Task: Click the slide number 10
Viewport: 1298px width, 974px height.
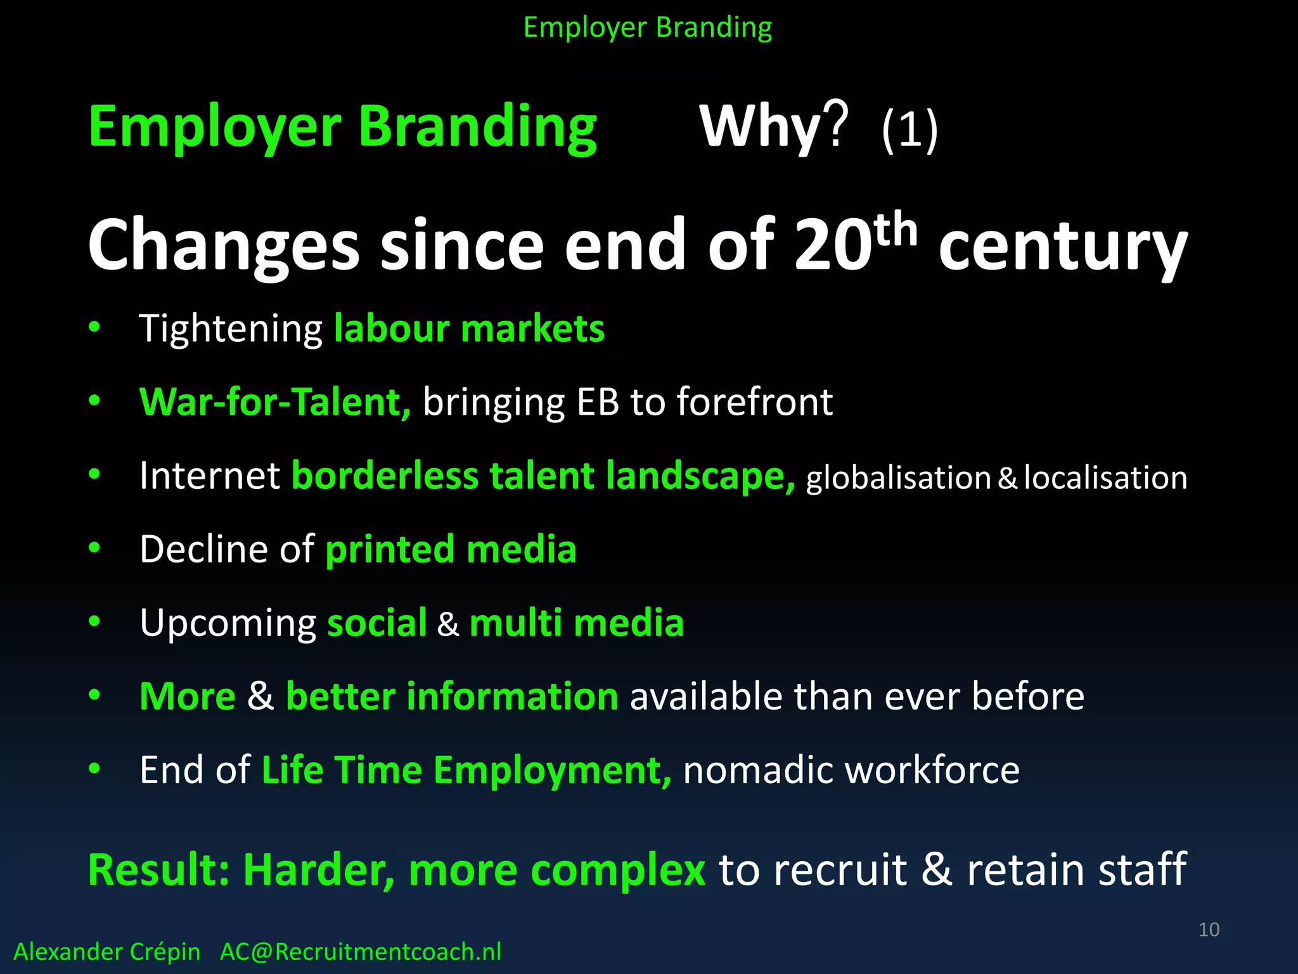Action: click(x=1209, y=930)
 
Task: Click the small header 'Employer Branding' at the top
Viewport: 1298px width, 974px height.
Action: click(x=648, y=28)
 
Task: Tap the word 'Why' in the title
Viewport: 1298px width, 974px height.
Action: click(x=761, y=126)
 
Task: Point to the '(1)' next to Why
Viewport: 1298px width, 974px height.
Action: click(x=909, y=129)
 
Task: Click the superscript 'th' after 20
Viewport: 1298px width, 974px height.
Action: click(x=896, y=230)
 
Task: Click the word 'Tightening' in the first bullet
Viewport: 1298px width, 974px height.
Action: click(x=231, y=330)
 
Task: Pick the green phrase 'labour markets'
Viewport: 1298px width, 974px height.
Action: click(x=469, y=328)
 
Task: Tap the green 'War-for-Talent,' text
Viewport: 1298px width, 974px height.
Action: click(x=275, y=402)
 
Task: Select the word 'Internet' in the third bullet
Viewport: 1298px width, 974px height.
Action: click(x=210, y=476)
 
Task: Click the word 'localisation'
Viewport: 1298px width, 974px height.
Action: click(x=1105, y=477)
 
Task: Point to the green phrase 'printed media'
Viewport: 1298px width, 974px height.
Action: click(x=451, y=549)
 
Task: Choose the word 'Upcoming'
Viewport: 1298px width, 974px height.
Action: click(x=228, y=624)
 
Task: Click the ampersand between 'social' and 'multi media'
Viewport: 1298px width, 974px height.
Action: click(x=447, y=624)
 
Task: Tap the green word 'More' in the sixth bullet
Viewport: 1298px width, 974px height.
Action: click(x=188, y=696)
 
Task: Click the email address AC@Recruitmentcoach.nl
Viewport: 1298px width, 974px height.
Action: click(x=360, y=952)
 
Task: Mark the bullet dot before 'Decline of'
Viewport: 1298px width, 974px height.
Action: click(x=94, y=548)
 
